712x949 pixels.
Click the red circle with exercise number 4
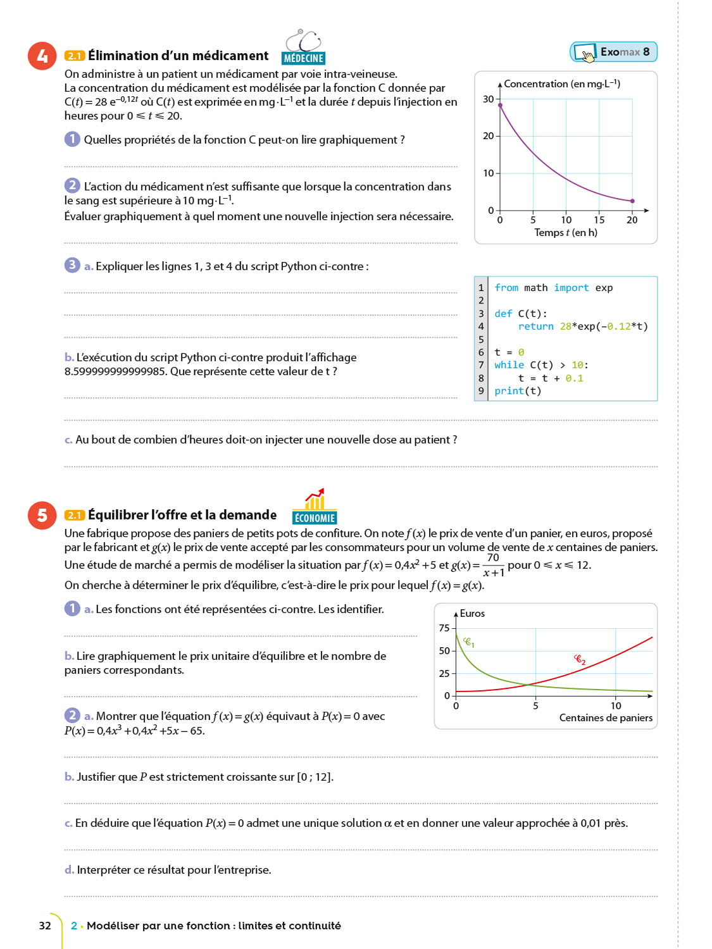[x=42, y=56]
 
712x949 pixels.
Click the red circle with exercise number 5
[x=42, y=515]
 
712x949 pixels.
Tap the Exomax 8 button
[x=613, y=52]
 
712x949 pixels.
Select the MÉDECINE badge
[x=303, y=58]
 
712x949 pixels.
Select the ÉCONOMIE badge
[x=315, y=518]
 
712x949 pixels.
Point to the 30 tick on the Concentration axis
[x=489, y=99]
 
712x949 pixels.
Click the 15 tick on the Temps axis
[x=599, y=220]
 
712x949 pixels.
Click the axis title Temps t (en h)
[x=565, y=233]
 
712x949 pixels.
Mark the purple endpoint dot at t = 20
[x=632, y=201]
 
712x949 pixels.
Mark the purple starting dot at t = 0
[x=500, y=105]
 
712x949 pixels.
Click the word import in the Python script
[x=571, y=288]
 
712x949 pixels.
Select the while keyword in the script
[x=509, y=365]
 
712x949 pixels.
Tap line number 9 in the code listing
[x=481, y=391]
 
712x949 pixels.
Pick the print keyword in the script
[x=509, y=391]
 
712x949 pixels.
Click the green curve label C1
[x=469, y=643]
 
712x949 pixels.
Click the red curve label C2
[x=580, y=660]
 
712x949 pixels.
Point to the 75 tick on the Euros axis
[x=444, y=628]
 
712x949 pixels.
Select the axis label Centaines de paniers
[x=606, y=718]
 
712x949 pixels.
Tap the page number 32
[x=45, y=926]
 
